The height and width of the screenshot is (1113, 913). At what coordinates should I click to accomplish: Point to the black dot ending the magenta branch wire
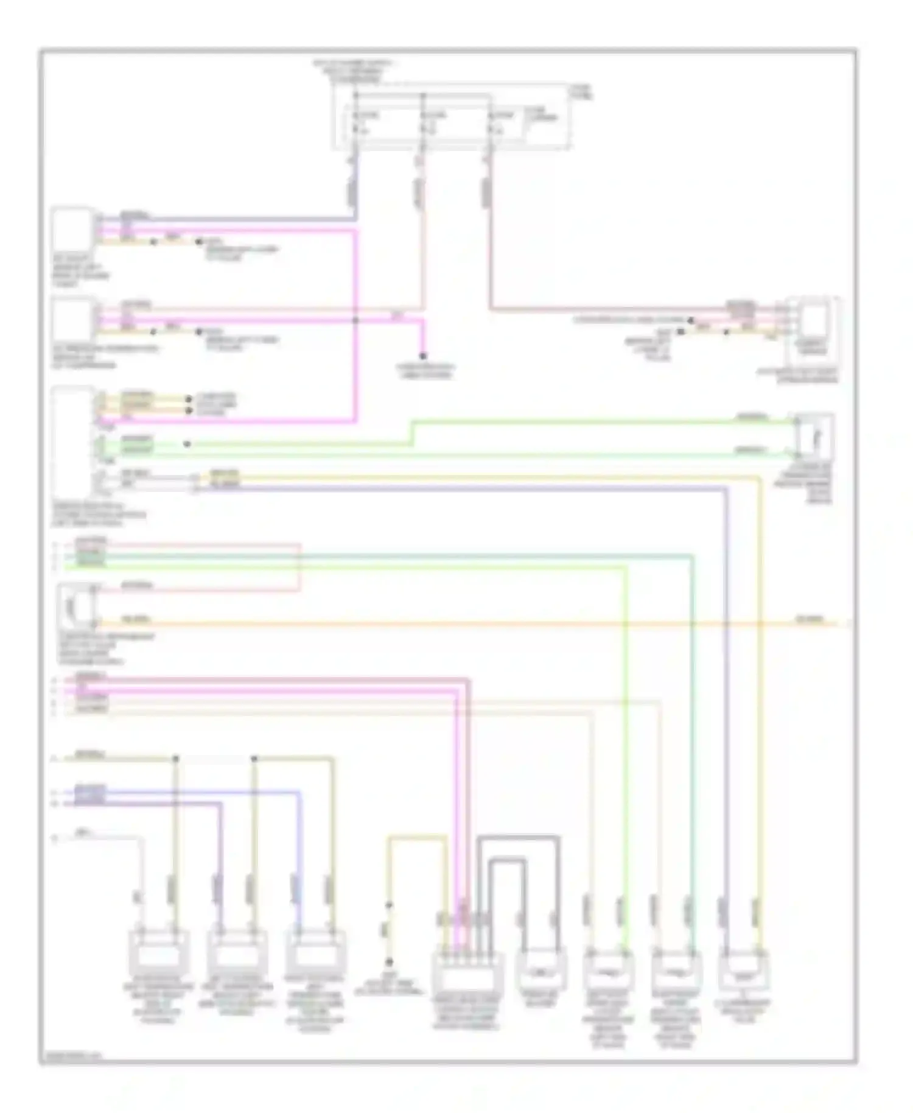click(422, 356)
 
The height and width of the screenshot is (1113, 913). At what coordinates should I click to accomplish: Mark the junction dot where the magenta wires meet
click(356, 320)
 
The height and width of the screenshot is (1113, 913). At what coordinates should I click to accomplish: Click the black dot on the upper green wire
click(187, 444)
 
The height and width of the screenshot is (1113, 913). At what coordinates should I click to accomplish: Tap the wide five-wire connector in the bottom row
click(467, 974)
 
